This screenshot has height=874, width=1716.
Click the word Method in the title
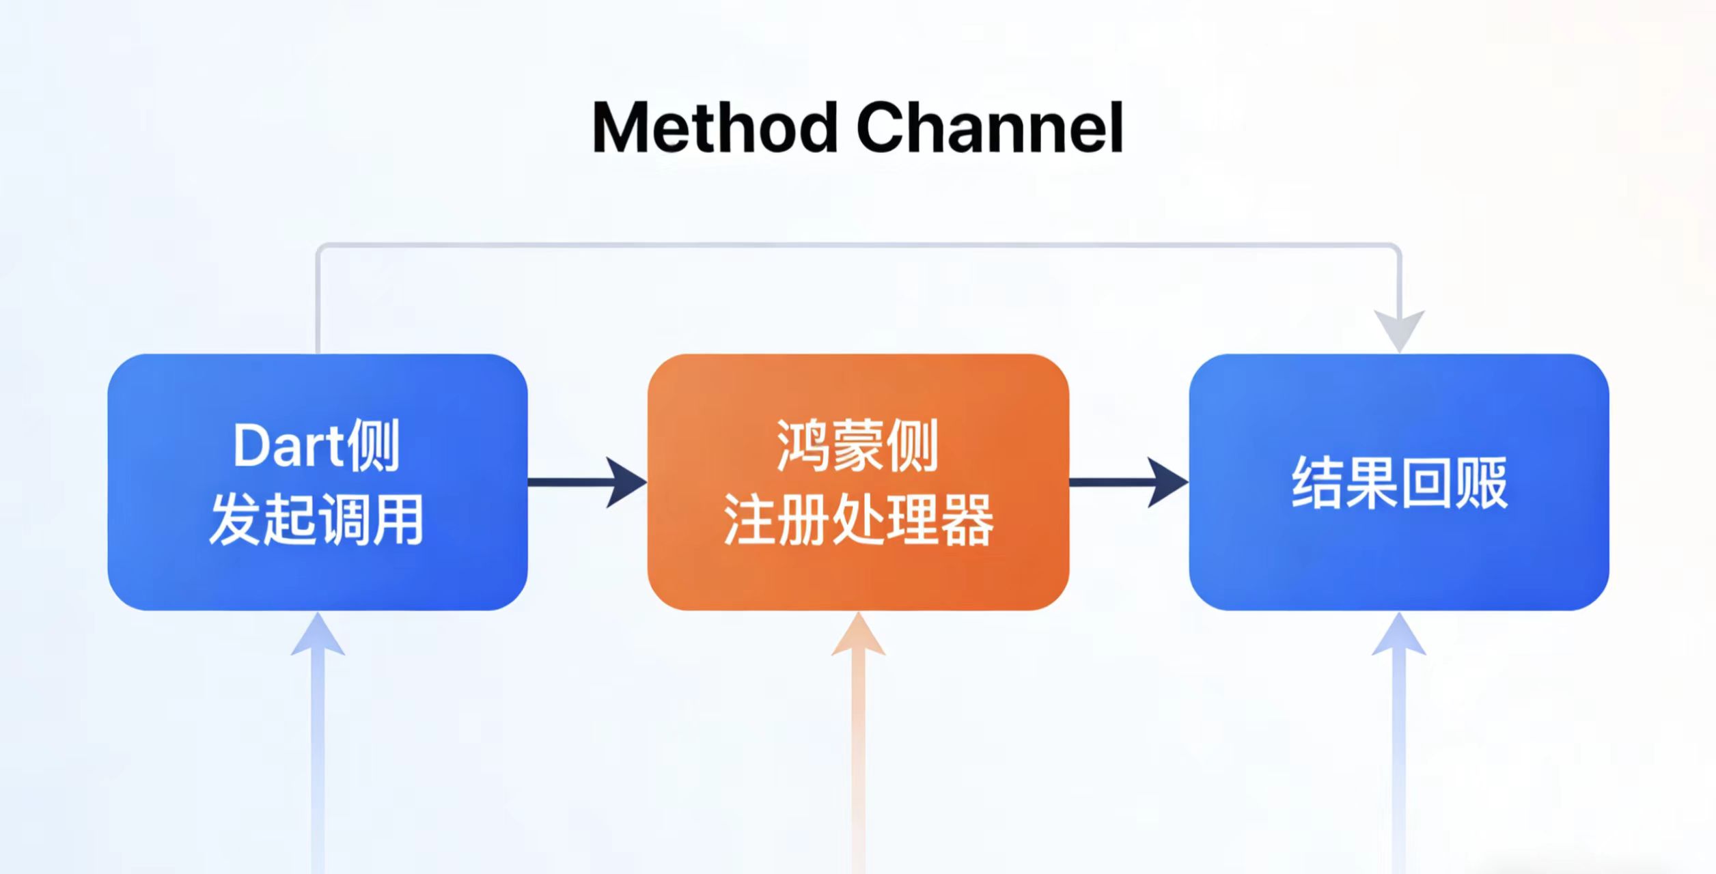pos(715,128)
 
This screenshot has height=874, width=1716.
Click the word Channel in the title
pos(990,128)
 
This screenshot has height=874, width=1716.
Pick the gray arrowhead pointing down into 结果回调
pos(1399,329)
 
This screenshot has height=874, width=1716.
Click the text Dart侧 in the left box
pos(316,445)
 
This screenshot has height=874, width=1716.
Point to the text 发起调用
pos(316,519)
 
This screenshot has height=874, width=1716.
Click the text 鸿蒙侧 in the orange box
pos(858,445)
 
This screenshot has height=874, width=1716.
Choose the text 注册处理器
pos(858,519)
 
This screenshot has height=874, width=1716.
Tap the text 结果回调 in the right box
pos(1399,483)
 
